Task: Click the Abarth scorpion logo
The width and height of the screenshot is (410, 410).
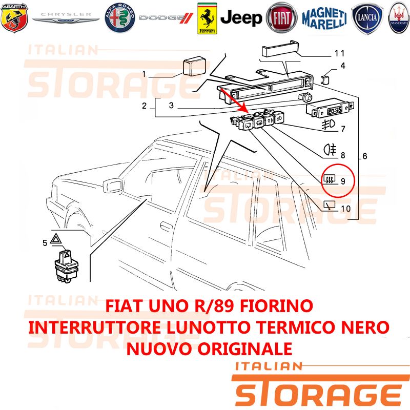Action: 14,18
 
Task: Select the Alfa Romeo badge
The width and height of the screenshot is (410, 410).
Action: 120,18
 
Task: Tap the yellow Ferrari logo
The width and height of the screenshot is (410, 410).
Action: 207,18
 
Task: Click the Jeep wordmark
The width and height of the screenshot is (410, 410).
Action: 241,18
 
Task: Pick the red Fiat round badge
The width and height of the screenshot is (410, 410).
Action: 281,18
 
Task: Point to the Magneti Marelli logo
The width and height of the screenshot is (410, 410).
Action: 324,18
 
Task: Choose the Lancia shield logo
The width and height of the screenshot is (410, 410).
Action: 367,18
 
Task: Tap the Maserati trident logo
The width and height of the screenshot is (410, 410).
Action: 399,18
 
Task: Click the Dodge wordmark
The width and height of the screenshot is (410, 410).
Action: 166,18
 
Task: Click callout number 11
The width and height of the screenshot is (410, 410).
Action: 340,53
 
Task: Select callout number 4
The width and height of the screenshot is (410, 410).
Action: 343,66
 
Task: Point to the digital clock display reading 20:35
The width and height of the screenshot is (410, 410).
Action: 335,110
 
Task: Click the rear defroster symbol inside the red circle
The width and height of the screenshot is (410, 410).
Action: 329,179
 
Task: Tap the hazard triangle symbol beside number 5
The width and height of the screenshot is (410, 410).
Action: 56,239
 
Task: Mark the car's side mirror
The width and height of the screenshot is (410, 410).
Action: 113,186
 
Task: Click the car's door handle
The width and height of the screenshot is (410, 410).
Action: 166,226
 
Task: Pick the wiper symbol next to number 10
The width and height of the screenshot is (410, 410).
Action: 330,206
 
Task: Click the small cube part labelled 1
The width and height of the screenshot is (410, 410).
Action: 194,67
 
